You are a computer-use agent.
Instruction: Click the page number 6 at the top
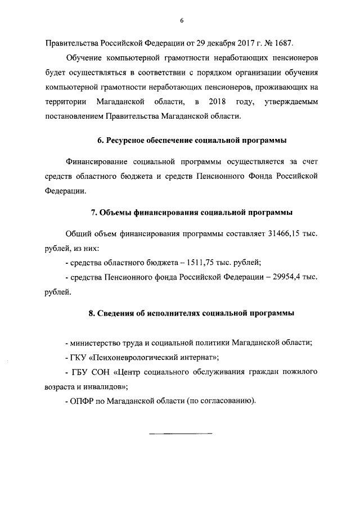pyautogui.click(x=182, y=21)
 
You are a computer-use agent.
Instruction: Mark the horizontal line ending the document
pyautogui.click(x=180, y=433)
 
